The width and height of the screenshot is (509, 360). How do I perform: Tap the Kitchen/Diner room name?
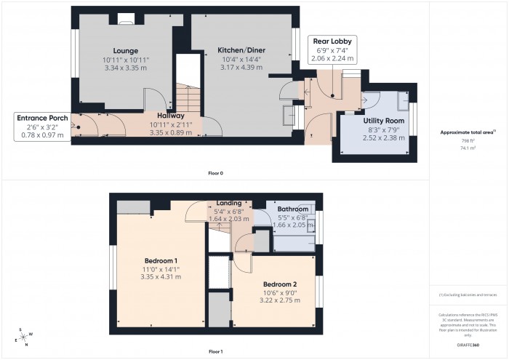pyautogui.click(x=241, y=50)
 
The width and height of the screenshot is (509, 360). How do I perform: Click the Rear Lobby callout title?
pyautogui.click(x=332, y=41)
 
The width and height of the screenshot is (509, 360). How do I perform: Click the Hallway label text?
pyautogui.click(x=171, y=116)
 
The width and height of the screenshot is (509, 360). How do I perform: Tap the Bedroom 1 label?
pyautogui.click(x=161, y=261)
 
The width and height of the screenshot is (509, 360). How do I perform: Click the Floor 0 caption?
pyautogui.click(x=215, y=173)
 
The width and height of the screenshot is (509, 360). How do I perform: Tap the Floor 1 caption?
pyautogui.click(x=215, y=351)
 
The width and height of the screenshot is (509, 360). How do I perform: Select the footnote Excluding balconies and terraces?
pyautogui.click(x=468, y=295)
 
